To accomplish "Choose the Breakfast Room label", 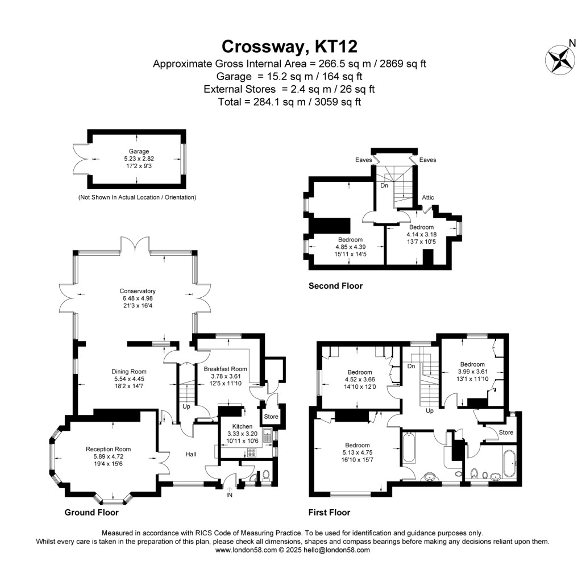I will pyautogui.click(x=226, y=368).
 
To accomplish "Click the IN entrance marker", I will pyautogui.click(x=229, y=496).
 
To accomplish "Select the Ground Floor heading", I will pyautogui.click(x=92, y=513).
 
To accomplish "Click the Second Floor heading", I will pyautogui.click(x=335, y=286).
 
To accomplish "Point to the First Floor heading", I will pyautogui.click(x=329, y=513).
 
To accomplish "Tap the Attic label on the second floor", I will pyautogui.click(x=428, y=198).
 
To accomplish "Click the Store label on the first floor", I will pyautogui.click(x=506, y=433).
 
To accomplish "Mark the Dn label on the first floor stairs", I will pyautogui.click(x=411, y=367).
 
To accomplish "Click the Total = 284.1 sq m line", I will pyautogui.click(x=289, y=102).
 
